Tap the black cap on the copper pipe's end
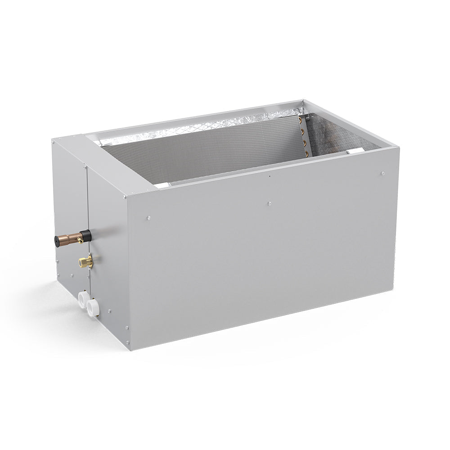pyautogui.click(x=58, y=240)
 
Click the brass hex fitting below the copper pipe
pyautogui.click(x=85, y=261)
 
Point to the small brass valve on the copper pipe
pyautogui.click(x=80, y=241)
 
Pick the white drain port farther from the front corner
pyautogui.click(x=83, y=298)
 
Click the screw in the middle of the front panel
pyautogui.click(x=269, y=203)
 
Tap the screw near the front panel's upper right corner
pyautogui.click(x=382, y=173)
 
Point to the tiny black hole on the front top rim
pyautogui.click(x=269, y=176)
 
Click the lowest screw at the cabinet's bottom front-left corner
pyautogui.click(x=127, y=343)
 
